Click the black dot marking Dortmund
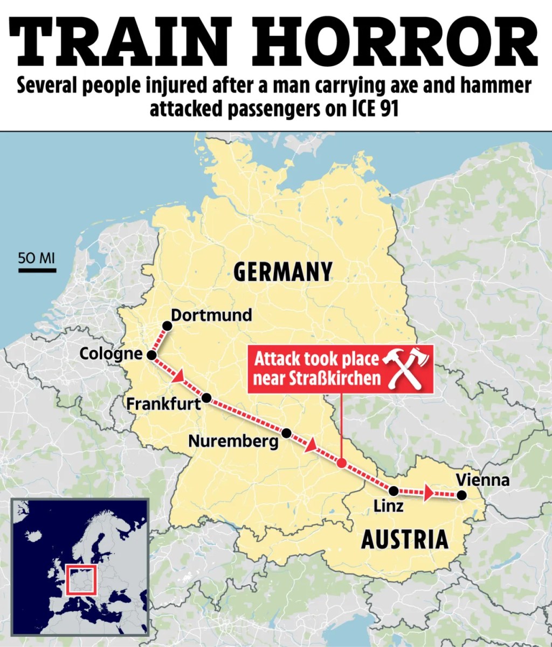click(x=167, y=326)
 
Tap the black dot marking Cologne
click(x=151, y=355)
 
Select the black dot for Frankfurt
click(x=206, y=399)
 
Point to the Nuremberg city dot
click(x=286, y=433)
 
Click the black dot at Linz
click(x=394, y=491)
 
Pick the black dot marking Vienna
click(x=461, y=495)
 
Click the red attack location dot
click(x=341, y=463)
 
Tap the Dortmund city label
click(x=211, y=315)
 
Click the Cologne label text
click(x=111, y=354)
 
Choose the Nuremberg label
click(x=233, y=441)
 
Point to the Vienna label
click(x=482, y=480)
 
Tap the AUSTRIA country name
click(x=404, y=539)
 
